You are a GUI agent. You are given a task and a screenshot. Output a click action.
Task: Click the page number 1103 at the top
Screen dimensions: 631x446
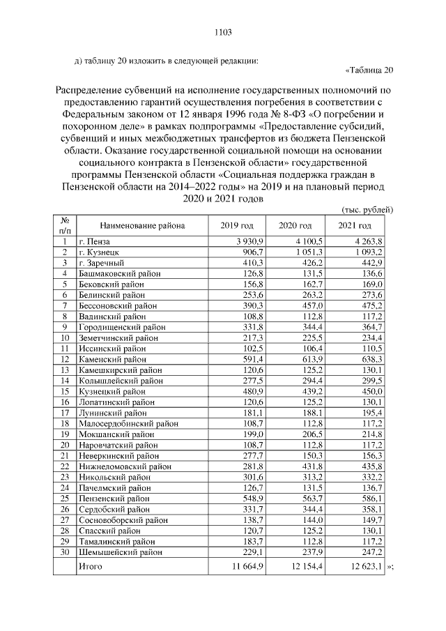click(x=222, y=32)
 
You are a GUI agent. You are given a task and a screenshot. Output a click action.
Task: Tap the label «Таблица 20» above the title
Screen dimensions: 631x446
click(x=369, y=69)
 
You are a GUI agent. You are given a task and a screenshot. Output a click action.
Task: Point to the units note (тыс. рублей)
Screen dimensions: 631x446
click(x=368, y=209)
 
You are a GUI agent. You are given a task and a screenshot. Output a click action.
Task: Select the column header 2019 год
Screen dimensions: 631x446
click(x=237, y=225)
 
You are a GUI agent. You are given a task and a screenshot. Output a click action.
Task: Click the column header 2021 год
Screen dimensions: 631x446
click(x=355, y=225)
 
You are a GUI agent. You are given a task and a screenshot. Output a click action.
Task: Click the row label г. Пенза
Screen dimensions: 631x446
click(x=95, y=241)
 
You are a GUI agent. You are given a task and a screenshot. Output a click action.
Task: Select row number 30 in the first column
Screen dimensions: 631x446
click(x=63, y=552)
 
